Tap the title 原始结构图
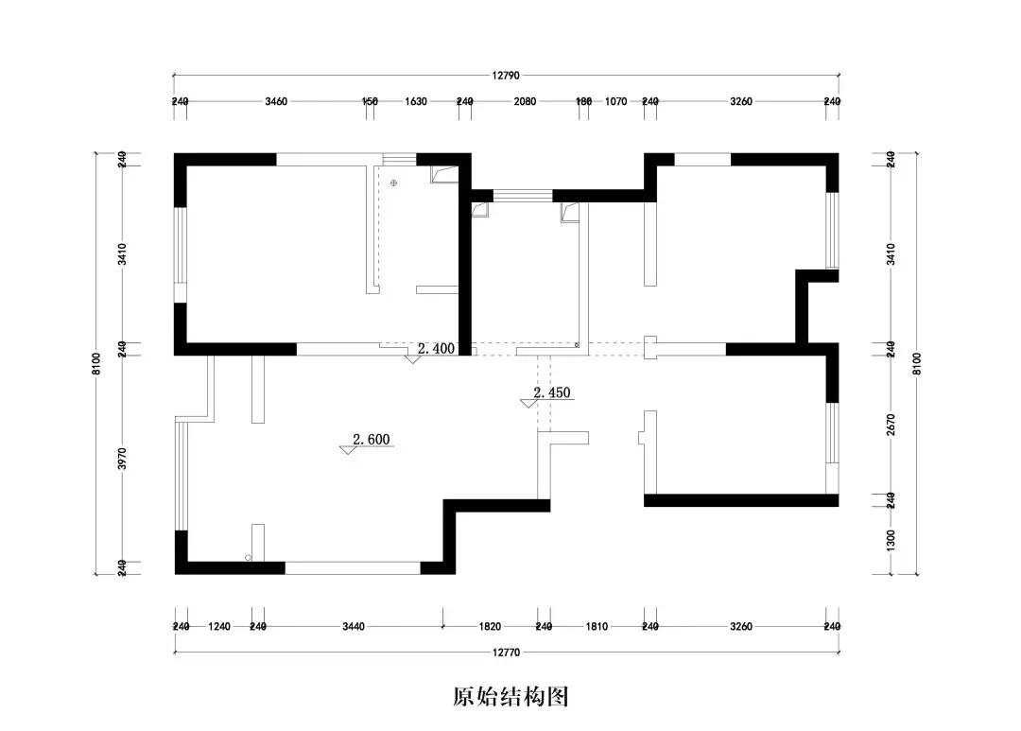point(510,698)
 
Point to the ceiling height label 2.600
point(372,439)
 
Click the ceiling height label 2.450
point(552,392)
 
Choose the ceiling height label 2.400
point(436,348)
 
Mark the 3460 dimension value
point(276,101)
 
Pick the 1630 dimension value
point(416,101)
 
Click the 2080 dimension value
point(525,101)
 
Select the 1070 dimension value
point(615,101)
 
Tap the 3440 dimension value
point(352,626)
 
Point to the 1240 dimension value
point(219,626)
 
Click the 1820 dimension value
point(490,626)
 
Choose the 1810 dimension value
point(596,626)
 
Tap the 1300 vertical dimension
point(891,540)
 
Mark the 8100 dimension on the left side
point(95,363)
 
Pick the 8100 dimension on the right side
point(916,363)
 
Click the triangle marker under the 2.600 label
point(349,450)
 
